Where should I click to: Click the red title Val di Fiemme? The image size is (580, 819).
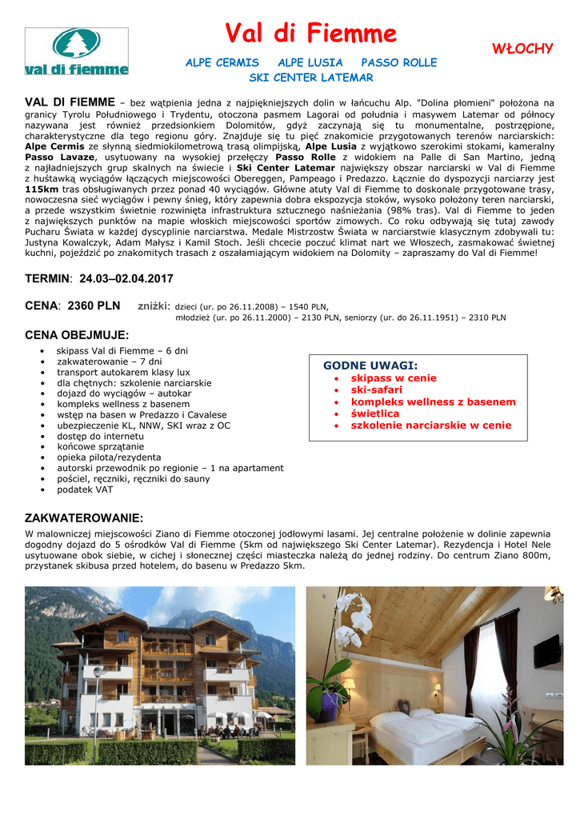310,34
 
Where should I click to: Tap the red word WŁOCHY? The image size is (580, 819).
522,49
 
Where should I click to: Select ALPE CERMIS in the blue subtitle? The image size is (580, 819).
222,62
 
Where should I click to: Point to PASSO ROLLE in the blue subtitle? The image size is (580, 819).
398,62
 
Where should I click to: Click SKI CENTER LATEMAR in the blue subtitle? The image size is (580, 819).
310,78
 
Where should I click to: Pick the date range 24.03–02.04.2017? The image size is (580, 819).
126,279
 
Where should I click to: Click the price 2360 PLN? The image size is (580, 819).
94,306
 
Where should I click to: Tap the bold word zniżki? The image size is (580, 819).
154,306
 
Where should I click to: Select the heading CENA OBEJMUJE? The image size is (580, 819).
77,335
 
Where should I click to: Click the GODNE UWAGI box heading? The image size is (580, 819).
370,366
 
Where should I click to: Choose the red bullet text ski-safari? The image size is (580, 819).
377,390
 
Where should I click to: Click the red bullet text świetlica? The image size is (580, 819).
375,413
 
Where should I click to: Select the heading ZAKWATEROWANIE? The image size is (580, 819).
84,518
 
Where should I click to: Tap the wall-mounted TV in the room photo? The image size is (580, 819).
547,651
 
